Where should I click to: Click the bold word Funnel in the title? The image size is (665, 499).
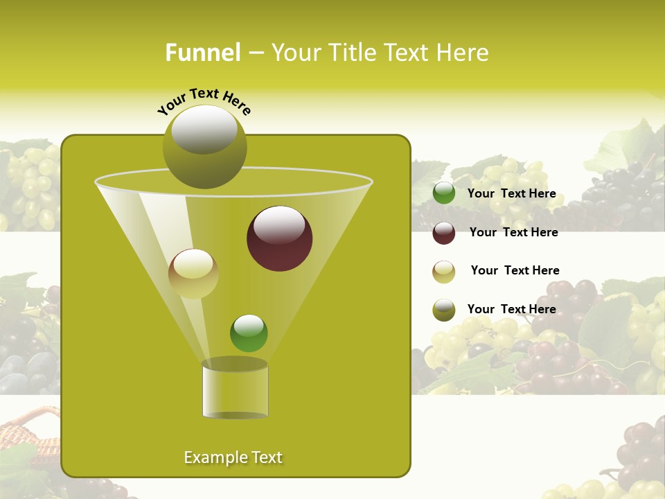202,53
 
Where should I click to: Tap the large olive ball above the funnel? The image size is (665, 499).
204,146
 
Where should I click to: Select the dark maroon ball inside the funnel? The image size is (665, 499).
279,238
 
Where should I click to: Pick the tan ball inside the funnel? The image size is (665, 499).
193,274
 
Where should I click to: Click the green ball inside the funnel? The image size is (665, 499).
249,333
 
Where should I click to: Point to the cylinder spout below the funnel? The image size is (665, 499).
235,389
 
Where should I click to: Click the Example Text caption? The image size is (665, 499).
233,457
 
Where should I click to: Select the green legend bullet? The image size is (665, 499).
444,193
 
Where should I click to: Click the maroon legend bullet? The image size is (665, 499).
444,233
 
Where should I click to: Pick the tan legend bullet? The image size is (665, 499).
444,272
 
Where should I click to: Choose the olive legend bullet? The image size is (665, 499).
444,310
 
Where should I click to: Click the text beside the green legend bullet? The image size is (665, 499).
511,194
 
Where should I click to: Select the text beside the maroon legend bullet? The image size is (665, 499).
513,233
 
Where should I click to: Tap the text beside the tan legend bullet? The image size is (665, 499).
515,271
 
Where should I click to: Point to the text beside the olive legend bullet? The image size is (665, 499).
511,309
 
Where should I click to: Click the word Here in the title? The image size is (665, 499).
463,53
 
